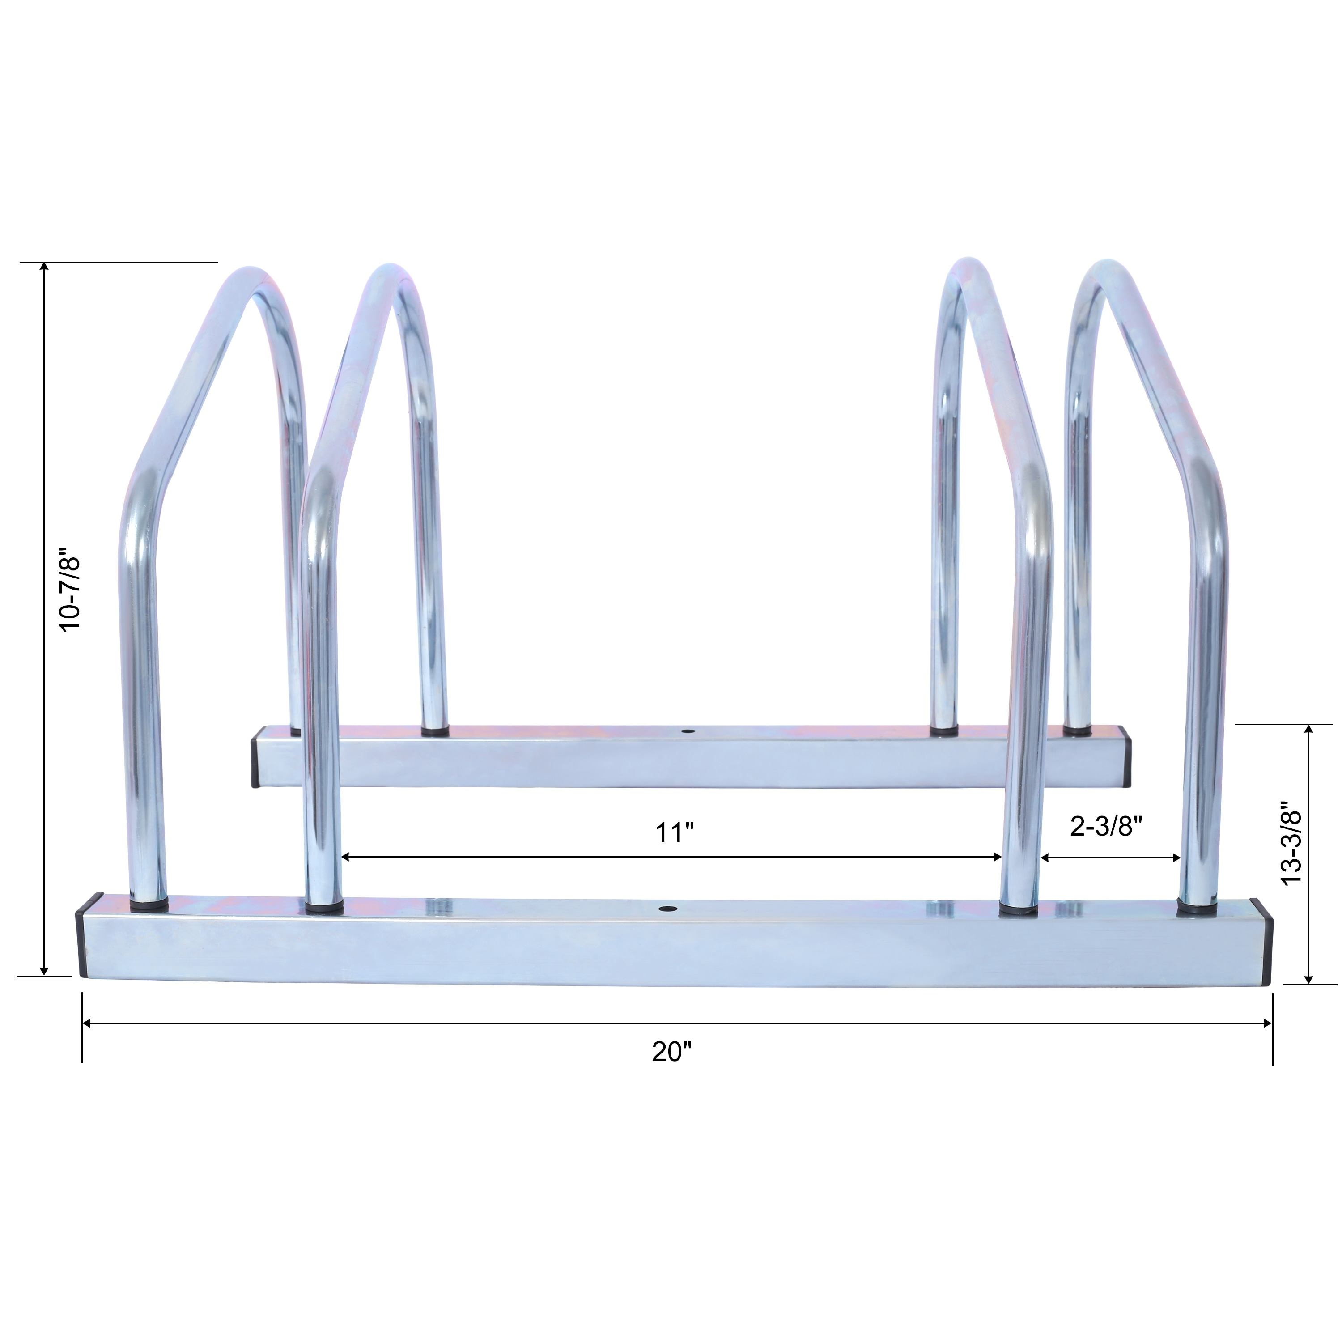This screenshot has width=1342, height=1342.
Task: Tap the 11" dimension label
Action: pyautogui.click(x=675, y=832)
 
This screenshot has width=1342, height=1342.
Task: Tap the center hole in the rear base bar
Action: pyautogui.click(x=688, y=732)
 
